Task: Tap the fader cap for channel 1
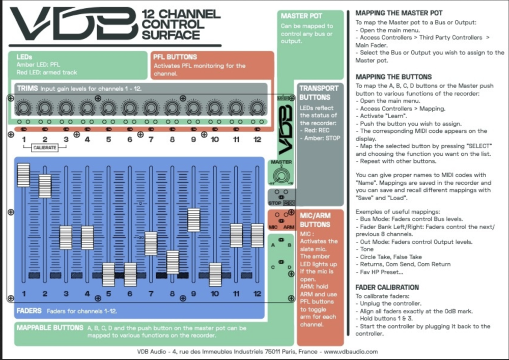coord(24,175)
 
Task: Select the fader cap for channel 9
coord(194,220)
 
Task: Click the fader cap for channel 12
coord(257,235)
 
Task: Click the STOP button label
coord(275,203)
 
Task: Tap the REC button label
coord(289,203)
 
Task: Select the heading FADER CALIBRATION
coord(387,287)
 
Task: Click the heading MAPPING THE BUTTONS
coord(393,77)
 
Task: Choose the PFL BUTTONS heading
coord(175,57)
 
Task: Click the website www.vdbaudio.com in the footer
coord(352,351)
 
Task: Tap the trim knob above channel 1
coord(23,108)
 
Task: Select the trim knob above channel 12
coord(257,108)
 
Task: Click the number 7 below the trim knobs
coord(151,139)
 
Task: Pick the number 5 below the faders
coord(108,294)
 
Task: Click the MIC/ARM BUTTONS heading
coord(315,220)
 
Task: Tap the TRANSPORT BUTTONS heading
coord(315,93)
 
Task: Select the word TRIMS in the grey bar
coord(27,88)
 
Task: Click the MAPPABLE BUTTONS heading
coord(49,327)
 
